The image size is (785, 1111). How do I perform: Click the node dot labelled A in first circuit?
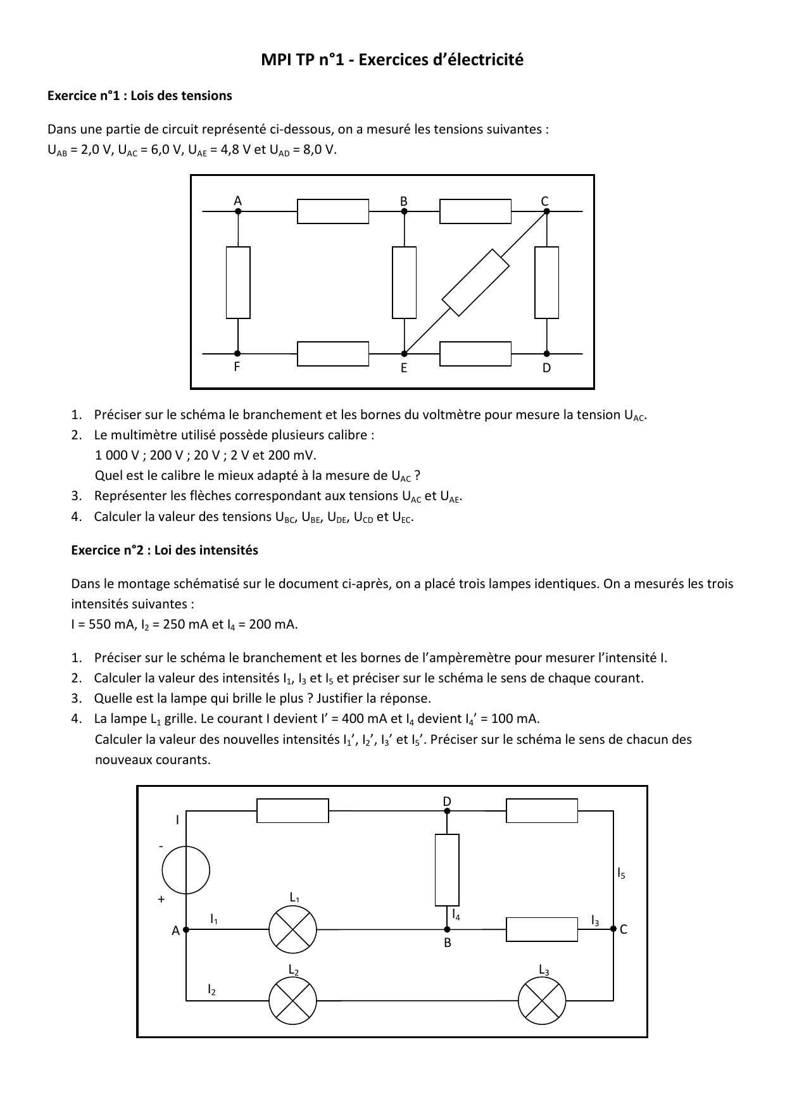[238, 211]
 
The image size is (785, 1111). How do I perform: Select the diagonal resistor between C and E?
[475, 282]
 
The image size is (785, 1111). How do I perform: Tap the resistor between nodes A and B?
[333, 211]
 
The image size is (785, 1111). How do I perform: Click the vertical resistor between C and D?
[546, 282]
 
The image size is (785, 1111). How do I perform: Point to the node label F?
[237, 367]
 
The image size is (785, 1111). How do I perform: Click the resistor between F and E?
[333, 354]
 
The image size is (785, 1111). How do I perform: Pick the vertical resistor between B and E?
[404, 282]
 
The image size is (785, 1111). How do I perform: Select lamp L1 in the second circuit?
[292, 929]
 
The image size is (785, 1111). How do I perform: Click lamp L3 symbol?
[542, 1000]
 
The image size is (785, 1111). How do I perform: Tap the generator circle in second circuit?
[185, 870]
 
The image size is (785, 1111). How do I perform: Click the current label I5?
[621, 874]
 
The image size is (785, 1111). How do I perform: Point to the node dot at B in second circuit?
[447, 929]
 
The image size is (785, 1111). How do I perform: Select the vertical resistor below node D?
[447, 870]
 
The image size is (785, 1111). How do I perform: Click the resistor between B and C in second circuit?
[542, 929]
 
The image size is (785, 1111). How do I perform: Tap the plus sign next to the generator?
[161, 899]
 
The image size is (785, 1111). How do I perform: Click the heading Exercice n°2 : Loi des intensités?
[165, 550]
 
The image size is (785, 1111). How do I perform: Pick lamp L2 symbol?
[292, 1000]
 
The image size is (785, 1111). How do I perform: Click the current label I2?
[211, 989]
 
